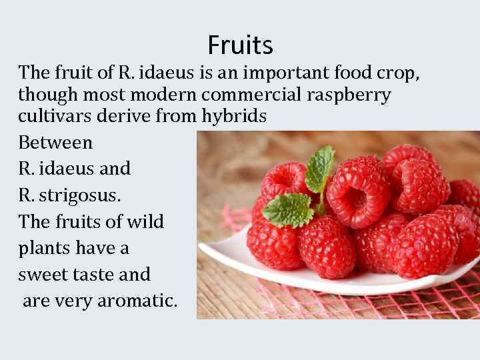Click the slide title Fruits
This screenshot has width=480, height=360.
(240, 45)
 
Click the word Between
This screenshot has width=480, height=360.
(55, 142)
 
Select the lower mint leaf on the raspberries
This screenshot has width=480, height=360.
(288, 210)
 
